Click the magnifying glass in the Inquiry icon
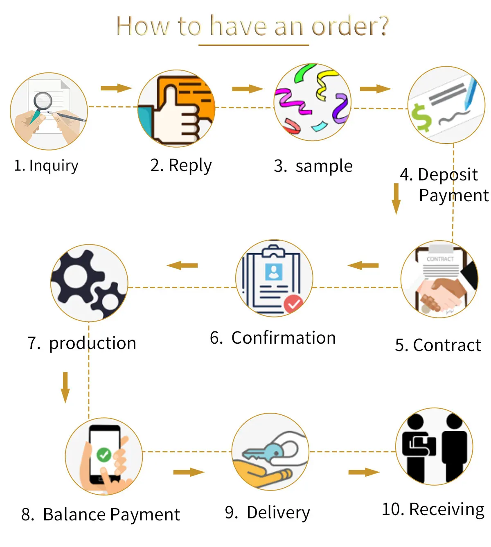coord(42,101)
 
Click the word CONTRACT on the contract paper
coord(440,259)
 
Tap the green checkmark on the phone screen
coord(104,455)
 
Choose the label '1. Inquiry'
coord(46,166)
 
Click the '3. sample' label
coord(313,166)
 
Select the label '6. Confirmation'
coord(273,338)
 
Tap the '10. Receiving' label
coord(433,509)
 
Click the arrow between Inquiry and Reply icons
coord(116,88)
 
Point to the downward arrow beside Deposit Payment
coord(396,198)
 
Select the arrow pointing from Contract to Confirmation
coord(363,266)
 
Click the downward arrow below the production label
coord(65,387)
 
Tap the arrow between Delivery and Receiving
coord(364,473)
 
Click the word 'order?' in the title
coord(350,26)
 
